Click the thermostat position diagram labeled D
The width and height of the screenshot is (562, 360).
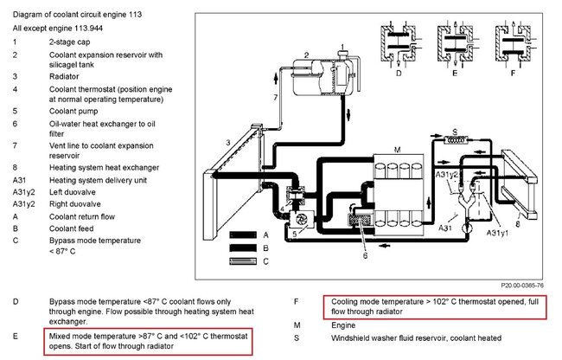click(x=397, y=44)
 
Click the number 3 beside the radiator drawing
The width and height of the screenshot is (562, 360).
click(x=227, y=141)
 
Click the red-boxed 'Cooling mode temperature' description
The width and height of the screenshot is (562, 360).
click(x=438, y=307)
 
